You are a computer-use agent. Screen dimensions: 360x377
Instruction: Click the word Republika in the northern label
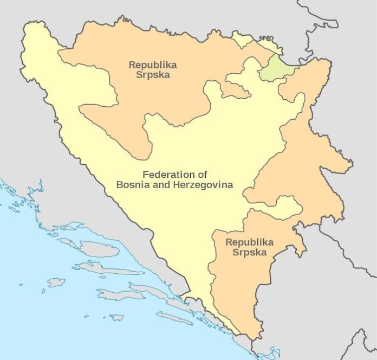[x=152, y=65]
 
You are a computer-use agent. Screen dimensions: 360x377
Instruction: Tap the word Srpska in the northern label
[x=152, y=75]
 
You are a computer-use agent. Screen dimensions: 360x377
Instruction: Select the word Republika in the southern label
[x=250, y=242]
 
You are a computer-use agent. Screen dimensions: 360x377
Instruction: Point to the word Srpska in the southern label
[x=250, y=252]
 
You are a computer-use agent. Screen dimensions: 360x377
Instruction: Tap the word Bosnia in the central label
[x=132, y=185]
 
